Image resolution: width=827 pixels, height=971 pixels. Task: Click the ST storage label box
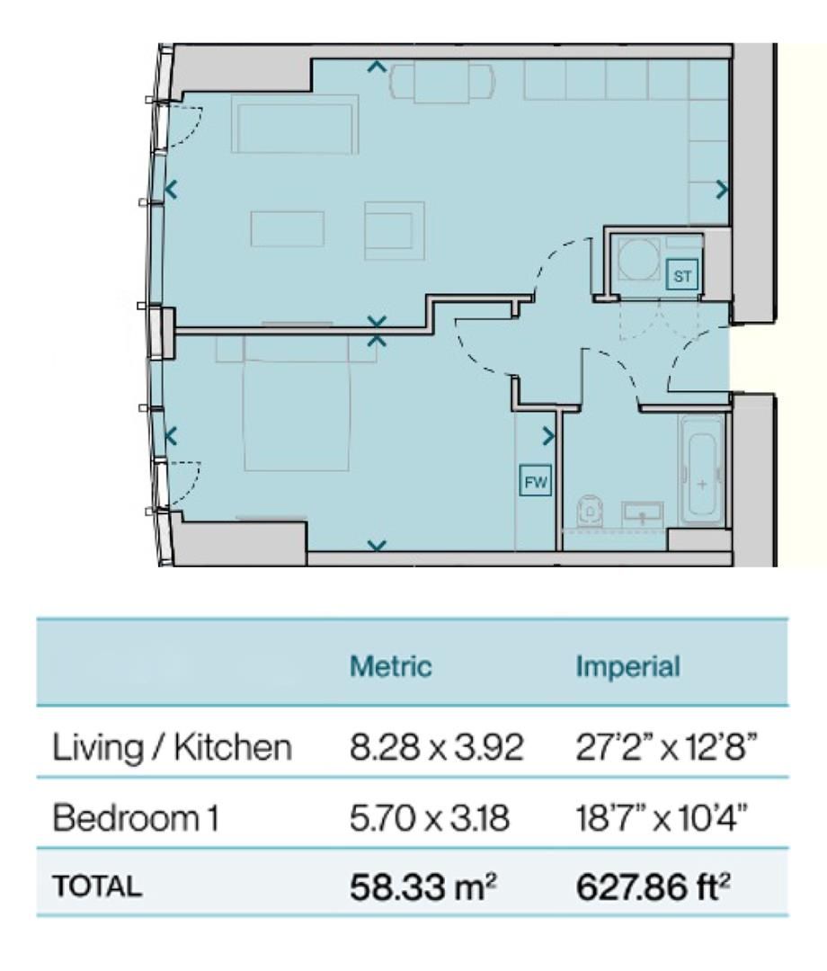pyautogui.click(x=681, y=276)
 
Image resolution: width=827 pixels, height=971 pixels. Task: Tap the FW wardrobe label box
pyautogui.click(x=535, y=481)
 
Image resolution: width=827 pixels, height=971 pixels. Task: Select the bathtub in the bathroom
pyautogui.click(x=701, y=470)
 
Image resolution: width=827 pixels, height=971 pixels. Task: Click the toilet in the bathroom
pyautogui.click(x=589, y=511)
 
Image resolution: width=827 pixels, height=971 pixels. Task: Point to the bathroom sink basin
pyautogui.click(x=642, y=513)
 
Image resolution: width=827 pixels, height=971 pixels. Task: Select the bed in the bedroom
pyautogui.click(x=298, y=403)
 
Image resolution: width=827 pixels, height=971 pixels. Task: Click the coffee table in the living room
pyautogui.click(x=288, y=229)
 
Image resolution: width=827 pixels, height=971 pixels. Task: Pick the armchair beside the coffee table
pyautogui.click(x=395, y=231)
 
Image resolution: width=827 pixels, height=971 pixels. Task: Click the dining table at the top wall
pyautogui.click(x=441, y=83)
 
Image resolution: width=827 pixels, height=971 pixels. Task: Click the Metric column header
pyautogui.click(x=391, y=666)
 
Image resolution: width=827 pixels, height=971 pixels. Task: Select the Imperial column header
pyautogui.click(x=627, y=666)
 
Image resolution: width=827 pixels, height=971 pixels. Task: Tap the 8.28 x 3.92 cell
pyautogui.click(x=437, y=748)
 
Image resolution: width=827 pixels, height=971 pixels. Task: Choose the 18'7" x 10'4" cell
pyautogui.click(x=661, y=818)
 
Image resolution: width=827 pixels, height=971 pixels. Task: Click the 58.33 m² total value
pyautogui.click(x=423, y=886)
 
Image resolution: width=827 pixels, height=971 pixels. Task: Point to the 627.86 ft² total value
pyautogui.click(x=653, y=886)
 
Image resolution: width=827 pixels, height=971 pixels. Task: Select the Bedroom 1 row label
pyautogui.click(x=136, y=818)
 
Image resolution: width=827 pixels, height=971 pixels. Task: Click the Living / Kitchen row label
pyautogui.click(x=172, y=748)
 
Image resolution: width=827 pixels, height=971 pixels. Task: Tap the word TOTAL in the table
pyautogui.click(x=97, y=886)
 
